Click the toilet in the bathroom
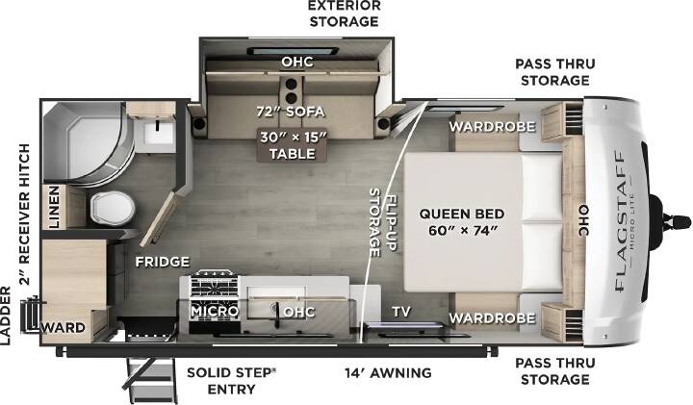tap(114, 208)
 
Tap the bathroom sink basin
tap(157, 132)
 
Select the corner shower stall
tap(88, 141)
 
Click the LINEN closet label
tap(54, 207)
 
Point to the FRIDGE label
tap(163, 262)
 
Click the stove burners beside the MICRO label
tap(215, 286)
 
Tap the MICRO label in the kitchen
tap(215, 312)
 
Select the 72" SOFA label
tap(291, 112)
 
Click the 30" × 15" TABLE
tap(293, 145)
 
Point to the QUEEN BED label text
tap(461, 222)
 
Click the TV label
tap(401, 312)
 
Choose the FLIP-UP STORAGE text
tap(382, 222)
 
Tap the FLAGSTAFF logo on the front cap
tap(620, 221)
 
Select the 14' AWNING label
tap(388, 372)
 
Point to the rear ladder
tap(32, 315)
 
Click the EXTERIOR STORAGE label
tap(344, 13)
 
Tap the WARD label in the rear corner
tap(63, 328)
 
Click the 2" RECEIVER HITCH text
tap(25, 215)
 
